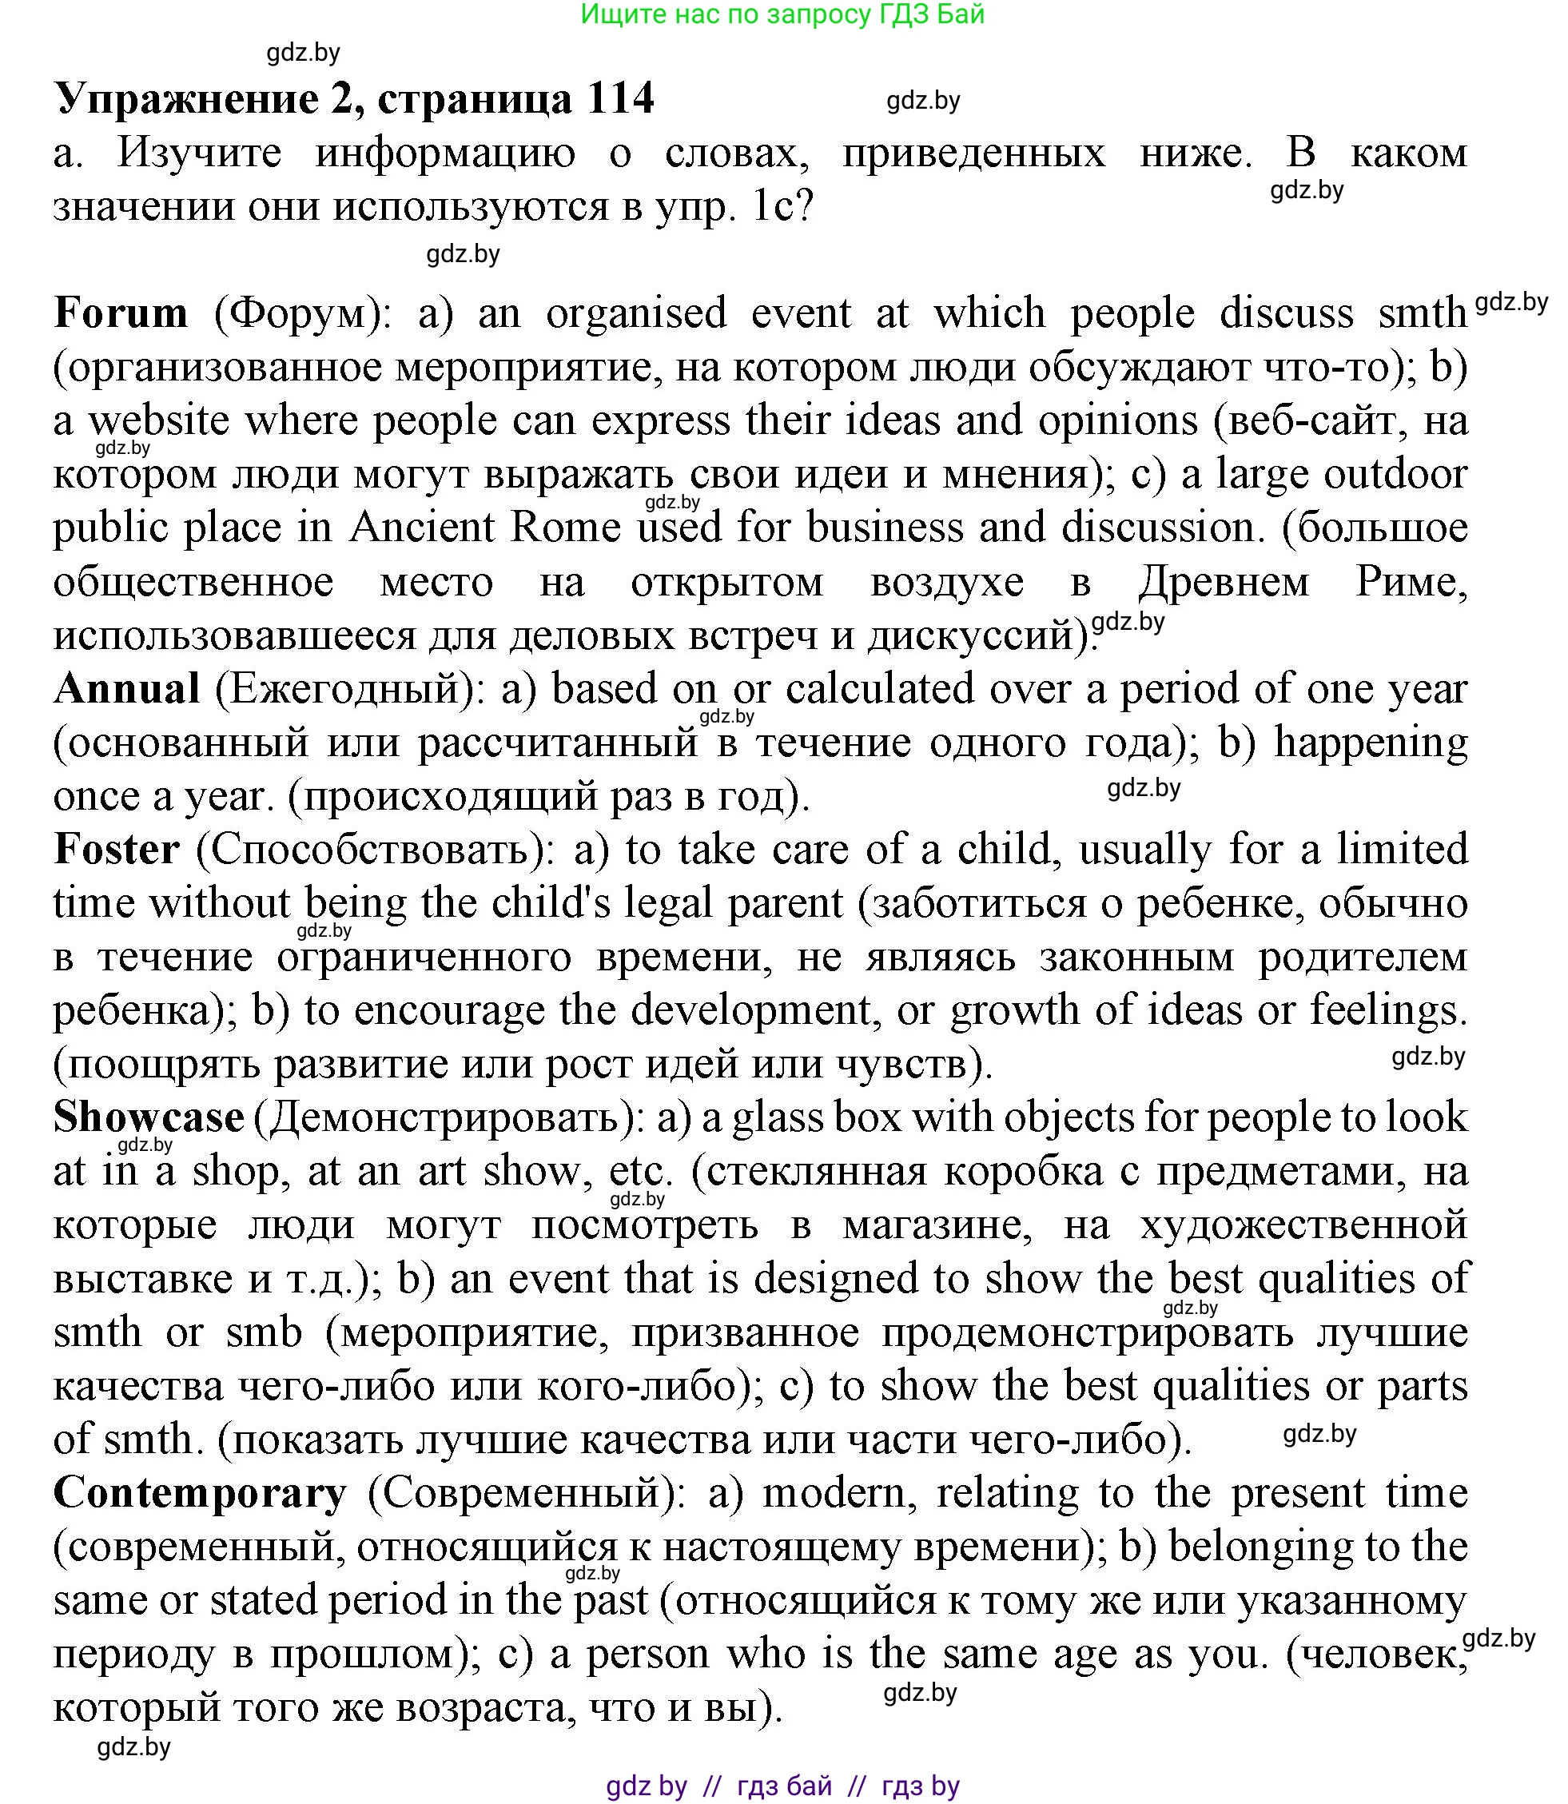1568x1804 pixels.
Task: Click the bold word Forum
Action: (121, 313)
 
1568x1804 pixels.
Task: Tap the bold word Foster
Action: (117, 850)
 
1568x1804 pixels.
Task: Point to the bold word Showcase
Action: (149, 1117)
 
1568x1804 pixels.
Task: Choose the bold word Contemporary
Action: (201, 1493)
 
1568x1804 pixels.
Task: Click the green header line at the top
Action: (782, 14)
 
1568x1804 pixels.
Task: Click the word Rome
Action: (565, 528)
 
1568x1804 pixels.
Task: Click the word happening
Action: (1371, 742)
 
